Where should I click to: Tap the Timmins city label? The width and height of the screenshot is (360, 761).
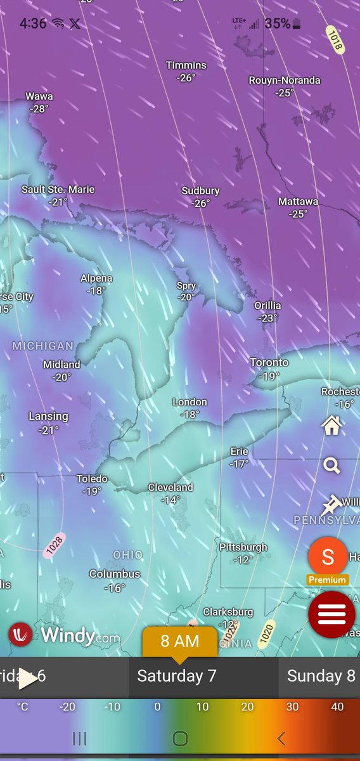pyautogui.click(x=186, y=65)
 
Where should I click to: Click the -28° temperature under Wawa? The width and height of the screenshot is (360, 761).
pyautogui.click(x=39, y=108)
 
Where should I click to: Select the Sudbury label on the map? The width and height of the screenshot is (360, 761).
pyautogui.click(x=200, y=191)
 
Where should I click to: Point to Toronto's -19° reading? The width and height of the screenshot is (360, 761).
pyautogui.click(x=269, y=376)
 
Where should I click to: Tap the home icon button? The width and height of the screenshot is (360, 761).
pyautogui.click(x=331, y=426)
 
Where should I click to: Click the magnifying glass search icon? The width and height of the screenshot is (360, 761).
pyautogui.click(x=331, y=466)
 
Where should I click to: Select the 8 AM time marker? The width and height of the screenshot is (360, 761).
pyautogui.click(x=179, y=641)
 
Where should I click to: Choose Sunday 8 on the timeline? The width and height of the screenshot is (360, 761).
pyautogui.click(x=321, y=676)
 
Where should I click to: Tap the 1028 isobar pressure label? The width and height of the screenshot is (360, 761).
pyautogui.click(x=54, y=545)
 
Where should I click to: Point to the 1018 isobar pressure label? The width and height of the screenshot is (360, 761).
pyautogui.click(x=335, y=39)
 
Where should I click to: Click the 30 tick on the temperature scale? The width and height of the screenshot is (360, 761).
pyautogui.click(x=293, y=707)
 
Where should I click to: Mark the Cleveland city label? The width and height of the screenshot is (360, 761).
pyautogui.click(x=170, y=488)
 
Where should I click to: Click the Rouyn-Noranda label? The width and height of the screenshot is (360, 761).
pyautogui.click(x=285, y=81)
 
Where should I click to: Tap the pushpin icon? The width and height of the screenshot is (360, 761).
pyautogui.click(x=330, y=505)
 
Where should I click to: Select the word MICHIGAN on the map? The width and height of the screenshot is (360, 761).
pyautogui.click(x=42, y=346)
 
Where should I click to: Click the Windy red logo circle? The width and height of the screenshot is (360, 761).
pyautogui.click(x=21, y=634)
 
